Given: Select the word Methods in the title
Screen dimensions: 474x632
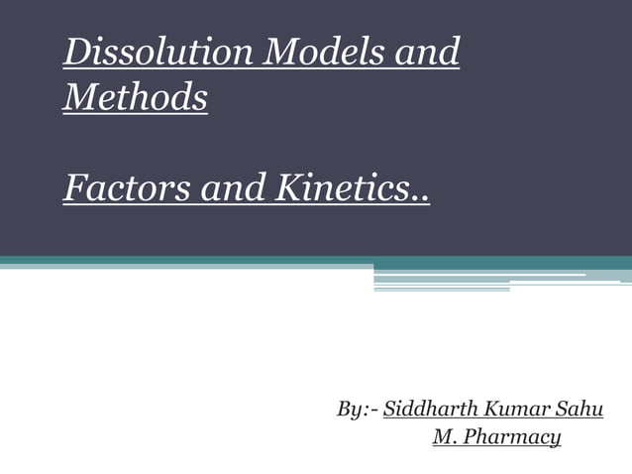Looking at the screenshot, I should [136, 98].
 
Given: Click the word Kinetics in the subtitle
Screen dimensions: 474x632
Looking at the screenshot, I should [334, 187].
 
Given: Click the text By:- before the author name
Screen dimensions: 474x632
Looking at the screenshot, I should [358, 410].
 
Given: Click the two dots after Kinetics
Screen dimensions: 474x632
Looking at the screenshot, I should [422, 195].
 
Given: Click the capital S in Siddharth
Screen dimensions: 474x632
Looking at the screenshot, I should [389, 409].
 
